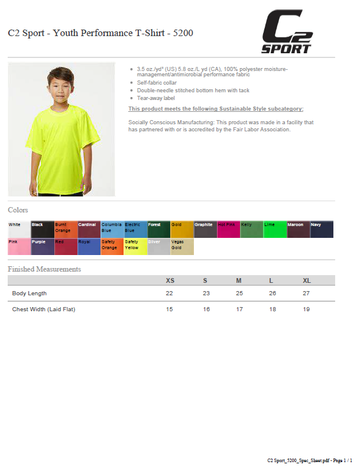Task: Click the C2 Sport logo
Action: (x=287, y=32)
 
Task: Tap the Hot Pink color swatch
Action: (x=228, y=230)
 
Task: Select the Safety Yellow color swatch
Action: (x=135, y=247)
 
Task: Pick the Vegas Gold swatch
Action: (x=182, y=247)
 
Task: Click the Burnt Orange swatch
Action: (x=66, y=230)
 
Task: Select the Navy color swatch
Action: (x=322, y=230)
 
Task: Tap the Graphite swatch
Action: (x=205, y=230)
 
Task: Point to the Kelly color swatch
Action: (x=251, y=230)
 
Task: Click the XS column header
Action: (x=170, y=280)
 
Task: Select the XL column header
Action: (x=306, y=280)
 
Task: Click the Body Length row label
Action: (x=30, y=293)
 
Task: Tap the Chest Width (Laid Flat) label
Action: (x=44, y=309)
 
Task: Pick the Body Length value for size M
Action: (x=239, y=293)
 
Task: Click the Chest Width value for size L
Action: (x=272, y=309)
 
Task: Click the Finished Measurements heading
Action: (x=44, y=269)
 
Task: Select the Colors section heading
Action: (x=18, y=210)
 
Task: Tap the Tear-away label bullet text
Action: (x=152, y=98)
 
